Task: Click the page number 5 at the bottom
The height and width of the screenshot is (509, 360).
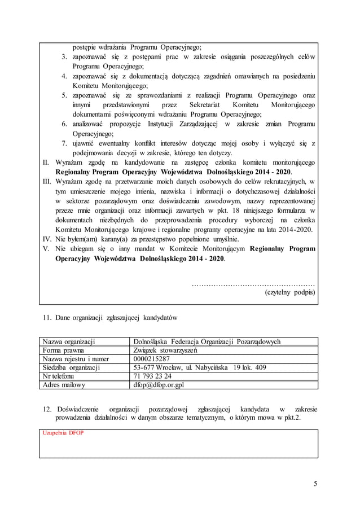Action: coord(316,483)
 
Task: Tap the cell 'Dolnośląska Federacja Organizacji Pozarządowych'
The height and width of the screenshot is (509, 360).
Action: coord(206,341)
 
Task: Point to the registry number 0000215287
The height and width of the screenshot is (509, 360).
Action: coord(151,359)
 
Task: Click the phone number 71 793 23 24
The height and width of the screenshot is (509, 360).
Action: coord(152,376)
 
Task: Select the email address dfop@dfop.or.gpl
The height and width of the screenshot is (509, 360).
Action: coord(158,385)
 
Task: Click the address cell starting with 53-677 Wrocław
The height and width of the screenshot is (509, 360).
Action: coord(191,367)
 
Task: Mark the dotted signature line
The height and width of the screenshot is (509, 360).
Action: coord(253,283)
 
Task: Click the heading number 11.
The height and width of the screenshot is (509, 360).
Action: coord(47,318)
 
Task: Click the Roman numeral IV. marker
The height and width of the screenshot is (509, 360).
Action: coord(47,238)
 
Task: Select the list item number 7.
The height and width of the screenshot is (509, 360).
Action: coord(65,143)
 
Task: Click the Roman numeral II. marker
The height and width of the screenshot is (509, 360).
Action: coord(47,162)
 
